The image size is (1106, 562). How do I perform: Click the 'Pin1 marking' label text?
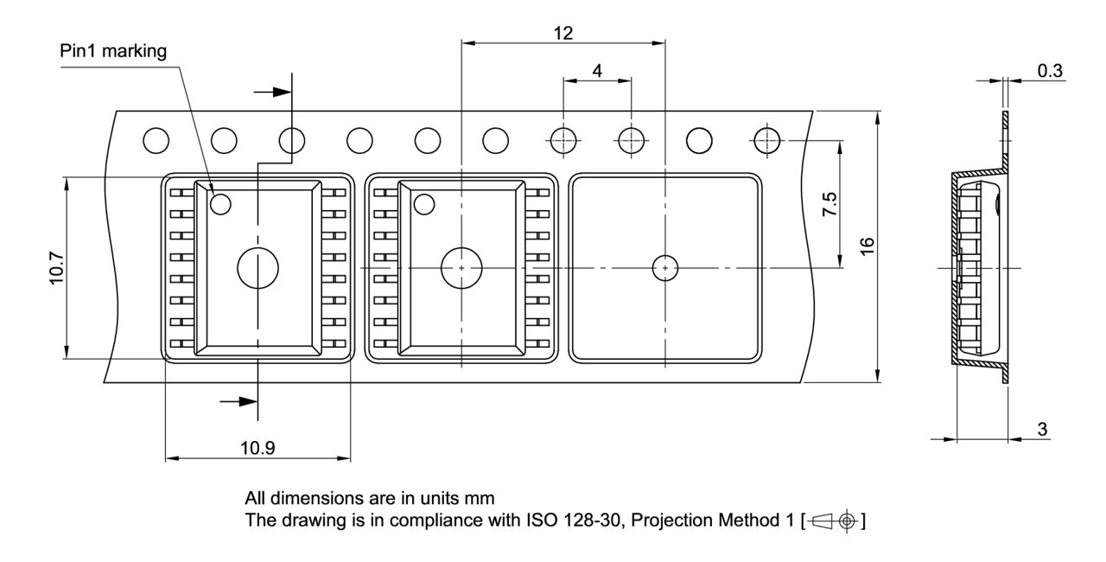tap(113, 50)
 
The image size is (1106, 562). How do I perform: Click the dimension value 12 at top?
tap(563, 33)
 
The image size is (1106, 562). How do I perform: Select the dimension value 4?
tap(597, 71)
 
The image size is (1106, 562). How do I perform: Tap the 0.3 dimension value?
tap(1050, 71)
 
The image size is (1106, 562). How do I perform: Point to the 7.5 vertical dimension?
tap(829, 205)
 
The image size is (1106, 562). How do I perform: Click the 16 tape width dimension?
tap(868, 246)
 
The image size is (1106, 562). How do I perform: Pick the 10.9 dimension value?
tap(257, 449)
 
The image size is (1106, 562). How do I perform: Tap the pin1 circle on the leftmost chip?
tap(221, 204)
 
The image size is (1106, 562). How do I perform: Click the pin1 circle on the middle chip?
tap(423, 204)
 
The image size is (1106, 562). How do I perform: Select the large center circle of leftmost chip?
tap(257, 268)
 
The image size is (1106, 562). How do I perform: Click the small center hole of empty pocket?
tap(664, 268)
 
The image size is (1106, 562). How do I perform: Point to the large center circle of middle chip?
tap(461, 268)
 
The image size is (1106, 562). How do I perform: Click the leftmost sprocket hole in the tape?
tap(156, 138)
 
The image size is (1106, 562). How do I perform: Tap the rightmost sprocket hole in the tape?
tap(766, 138)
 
